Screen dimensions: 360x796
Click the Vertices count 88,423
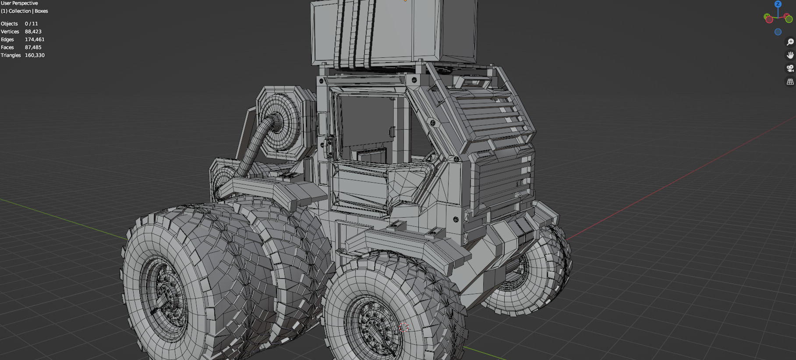33,32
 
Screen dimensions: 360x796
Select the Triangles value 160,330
35,55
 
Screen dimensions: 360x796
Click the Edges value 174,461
35,39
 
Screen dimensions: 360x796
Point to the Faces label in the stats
7,47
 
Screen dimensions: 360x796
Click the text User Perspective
19,3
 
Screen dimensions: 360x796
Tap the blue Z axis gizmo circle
778,4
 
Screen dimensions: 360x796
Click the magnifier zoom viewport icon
790,42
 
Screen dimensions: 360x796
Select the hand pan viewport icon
790,55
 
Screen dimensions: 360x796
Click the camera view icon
790,68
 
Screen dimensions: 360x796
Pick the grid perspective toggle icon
790,82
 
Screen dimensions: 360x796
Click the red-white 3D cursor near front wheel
404,327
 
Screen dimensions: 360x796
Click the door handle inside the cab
392,131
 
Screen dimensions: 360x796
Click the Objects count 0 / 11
31,24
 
